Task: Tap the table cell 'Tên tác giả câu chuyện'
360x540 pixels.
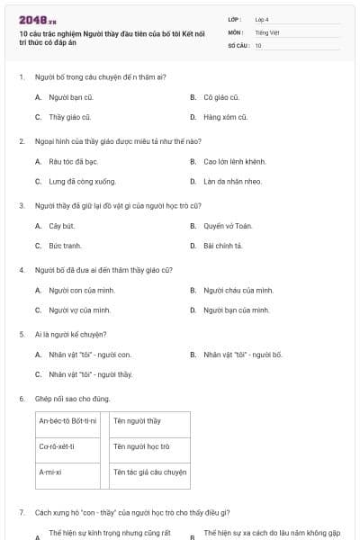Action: tap(149, 471)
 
